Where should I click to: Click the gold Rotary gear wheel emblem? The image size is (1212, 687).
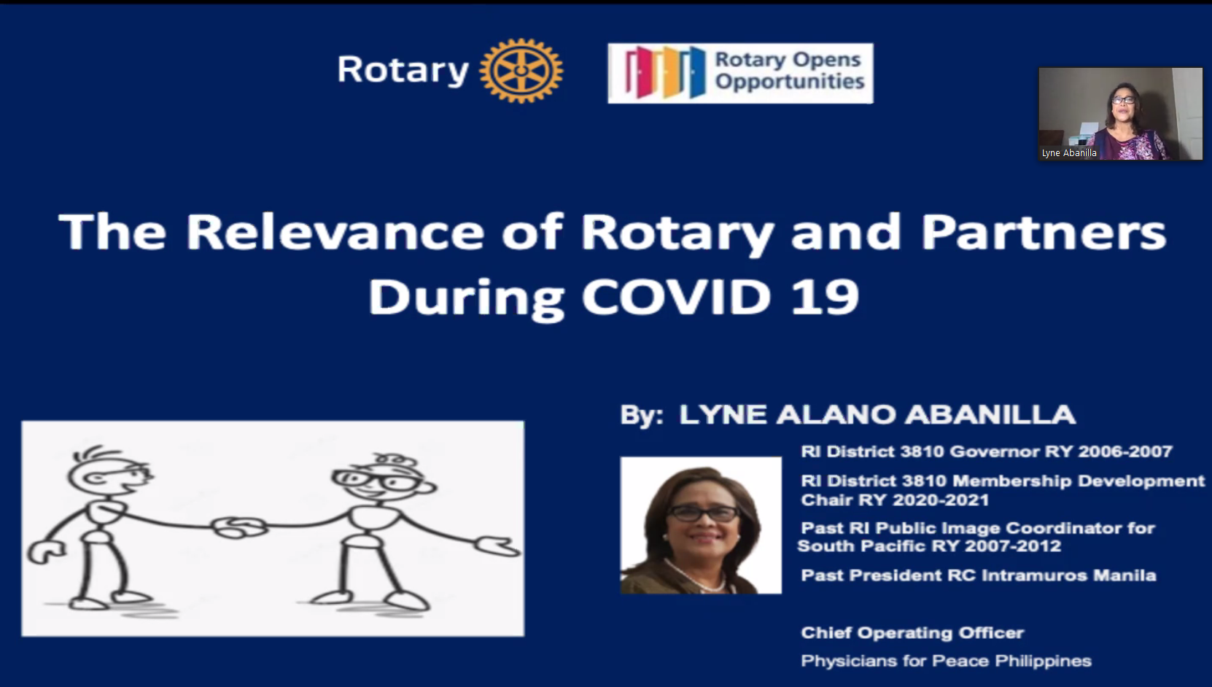pos(521,70)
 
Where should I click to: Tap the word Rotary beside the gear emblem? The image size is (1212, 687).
pos(403,70)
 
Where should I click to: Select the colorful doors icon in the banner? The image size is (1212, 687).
pos(666,73)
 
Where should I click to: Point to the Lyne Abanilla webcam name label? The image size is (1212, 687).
pos(1069,153)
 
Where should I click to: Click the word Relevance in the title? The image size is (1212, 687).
pos(335,233)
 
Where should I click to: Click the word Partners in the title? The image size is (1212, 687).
pos(1044,233)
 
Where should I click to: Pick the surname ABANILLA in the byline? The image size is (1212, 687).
pos(990,415)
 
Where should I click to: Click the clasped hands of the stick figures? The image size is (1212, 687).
pos(238,527)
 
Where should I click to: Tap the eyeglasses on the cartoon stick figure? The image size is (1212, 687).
pos(373,481)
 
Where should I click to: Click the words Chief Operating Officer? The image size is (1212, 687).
pos(912,633)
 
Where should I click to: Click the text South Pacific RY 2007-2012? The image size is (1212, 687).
pos(929,546)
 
